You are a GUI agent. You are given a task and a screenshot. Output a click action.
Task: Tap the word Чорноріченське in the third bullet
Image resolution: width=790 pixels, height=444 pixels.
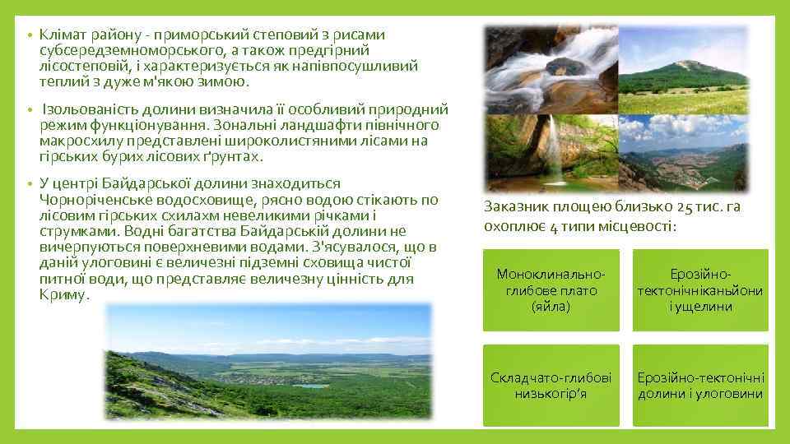click(92, 199)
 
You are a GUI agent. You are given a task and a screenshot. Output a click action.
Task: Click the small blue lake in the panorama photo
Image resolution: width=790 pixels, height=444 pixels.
click(312, 385)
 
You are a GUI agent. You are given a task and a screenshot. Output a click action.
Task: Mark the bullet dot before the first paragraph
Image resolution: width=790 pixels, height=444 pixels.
click(28, 37)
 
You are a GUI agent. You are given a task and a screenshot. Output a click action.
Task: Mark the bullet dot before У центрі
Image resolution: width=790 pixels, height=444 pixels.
click(28, 184)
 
